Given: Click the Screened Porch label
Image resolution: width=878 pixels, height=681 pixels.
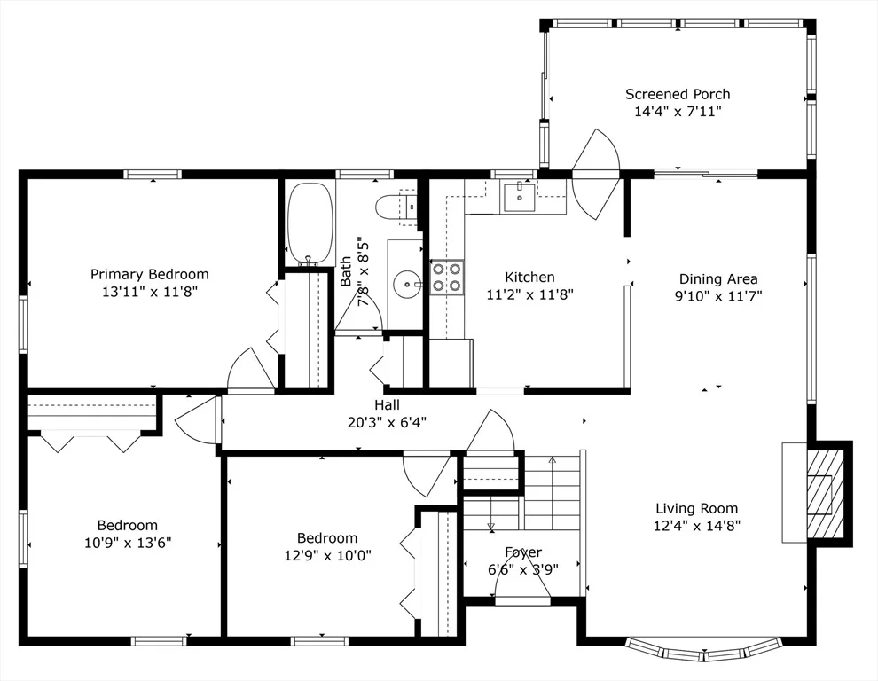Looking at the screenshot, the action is (x=678, y=94).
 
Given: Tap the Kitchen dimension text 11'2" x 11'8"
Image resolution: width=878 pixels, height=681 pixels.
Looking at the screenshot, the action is (x=529, y=294).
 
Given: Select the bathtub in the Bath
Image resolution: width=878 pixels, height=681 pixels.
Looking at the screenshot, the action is (x=310, y=223).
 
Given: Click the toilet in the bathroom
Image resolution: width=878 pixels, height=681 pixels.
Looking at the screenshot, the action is (x=396, y=207).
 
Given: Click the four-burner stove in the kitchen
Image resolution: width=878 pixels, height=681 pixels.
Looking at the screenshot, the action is (x=447, y=278).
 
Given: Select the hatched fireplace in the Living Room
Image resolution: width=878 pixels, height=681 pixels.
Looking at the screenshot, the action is (x=825, y=492).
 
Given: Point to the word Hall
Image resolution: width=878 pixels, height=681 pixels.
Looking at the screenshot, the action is (x=387, y=405).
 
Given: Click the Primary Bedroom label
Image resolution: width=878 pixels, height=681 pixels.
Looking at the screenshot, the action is (x=150, y=274).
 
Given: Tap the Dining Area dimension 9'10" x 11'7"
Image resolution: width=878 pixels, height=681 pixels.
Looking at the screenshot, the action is (x=718, y=296).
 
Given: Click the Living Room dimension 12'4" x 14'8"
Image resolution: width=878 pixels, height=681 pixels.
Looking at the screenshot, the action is (x=697, y=526).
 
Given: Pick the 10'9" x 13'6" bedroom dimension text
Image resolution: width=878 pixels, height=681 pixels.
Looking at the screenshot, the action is (x=128, y=543).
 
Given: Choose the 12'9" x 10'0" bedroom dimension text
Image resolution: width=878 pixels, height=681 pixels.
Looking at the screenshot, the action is (x=327, y=556).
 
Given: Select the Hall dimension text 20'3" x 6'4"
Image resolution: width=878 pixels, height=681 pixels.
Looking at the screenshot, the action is (x=387, y=422).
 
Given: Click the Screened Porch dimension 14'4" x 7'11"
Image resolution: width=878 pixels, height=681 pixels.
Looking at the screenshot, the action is (x=678, y=112).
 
